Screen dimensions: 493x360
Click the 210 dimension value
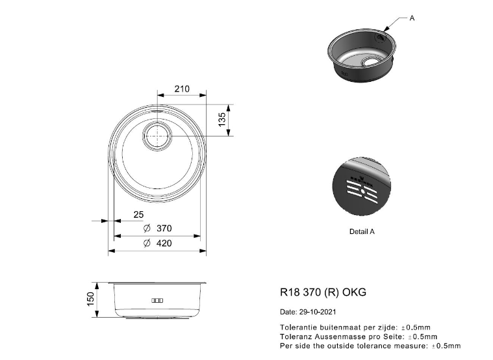click(x=182, y=89)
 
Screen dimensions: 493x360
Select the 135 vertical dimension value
click(x=222, y=120)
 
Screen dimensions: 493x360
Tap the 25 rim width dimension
click(x=138, y=214)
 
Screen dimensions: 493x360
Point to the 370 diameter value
click(x=164, y=228)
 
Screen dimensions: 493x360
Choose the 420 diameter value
click(x=164, y=243)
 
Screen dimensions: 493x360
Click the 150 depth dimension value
click(x=90, y=299)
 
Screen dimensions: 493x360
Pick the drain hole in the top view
click(x=157, y=136)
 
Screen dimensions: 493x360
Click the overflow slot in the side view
click(x=157, y=300)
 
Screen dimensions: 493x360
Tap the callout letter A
click(x=412, y=18)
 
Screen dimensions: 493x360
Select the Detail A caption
click(x=362, y=231)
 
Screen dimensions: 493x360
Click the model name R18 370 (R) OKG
click(x=323, y=292)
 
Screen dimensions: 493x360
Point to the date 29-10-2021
click(x=318, y=312)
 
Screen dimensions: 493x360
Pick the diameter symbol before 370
click(x=147, y=228)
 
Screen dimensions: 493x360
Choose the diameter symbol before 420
click(x=147, y=243)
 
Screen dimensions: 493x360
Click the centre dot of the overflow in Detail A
click(x=363, y=191)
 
